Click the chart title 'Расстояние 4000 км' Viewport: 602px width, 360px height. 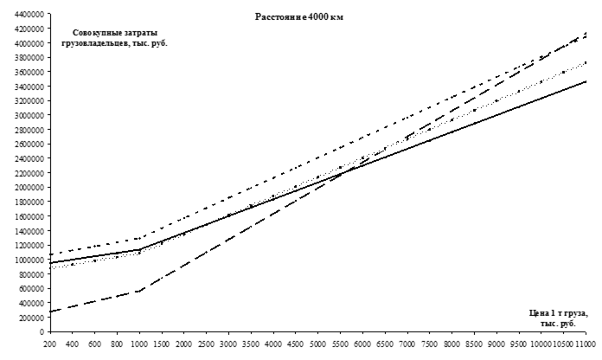[298, 17]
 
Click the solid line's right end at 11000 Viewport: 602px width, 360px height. [588, 81]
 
